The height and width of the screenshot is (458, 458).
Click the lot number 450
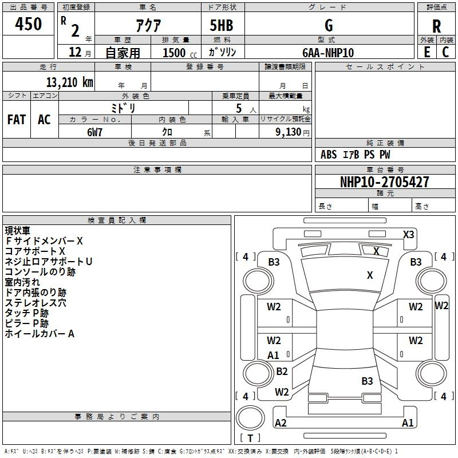[29, 24]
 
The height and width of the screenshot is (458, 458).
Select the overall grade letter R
[436, 26]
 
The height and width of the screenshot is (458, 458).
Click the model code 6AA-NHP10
[328, 53]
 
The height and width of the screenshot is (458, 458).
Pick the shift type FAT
[17, 119]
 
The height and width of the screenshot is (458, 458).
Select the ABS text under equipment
[329, 155]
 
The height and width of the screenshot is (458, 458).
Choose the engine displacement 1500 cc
[174, 53]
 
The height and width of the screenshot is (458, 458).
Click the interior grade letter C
[445, 52]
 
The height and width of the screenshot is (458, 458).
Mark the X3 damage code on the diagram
[409, 234]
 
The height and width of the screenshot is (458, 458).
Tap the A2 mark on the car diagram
[281, 423]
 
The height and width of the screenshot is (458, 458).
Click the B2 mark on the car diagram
[282, 372]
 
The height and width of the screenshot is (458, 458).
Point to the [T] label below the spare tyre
[250, 438]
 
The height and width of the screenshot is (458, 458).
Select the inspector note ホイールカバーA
[40, 334]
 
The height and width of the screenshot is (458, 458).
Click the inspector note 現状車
[18, 231]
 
